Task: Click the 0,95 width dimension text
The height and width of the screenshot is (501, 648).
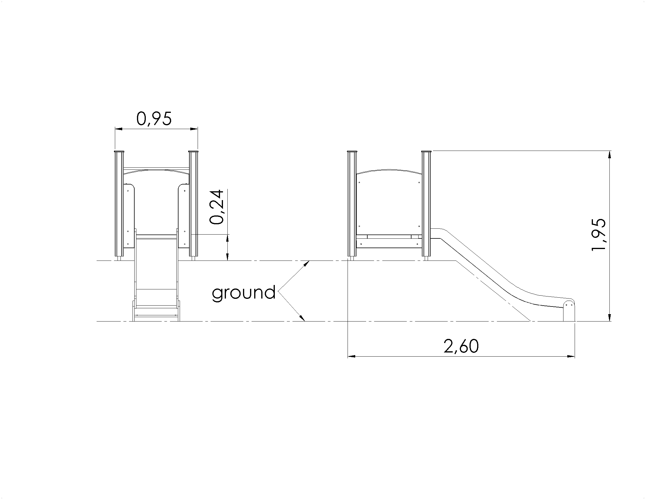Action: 154,119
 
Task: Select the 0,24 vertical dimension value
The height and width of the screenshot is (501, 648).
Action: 216,207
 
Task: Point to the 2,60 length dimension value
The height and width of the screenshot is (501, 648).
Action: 461,346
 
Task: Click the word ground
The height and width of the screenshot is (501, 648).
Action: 244,293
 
